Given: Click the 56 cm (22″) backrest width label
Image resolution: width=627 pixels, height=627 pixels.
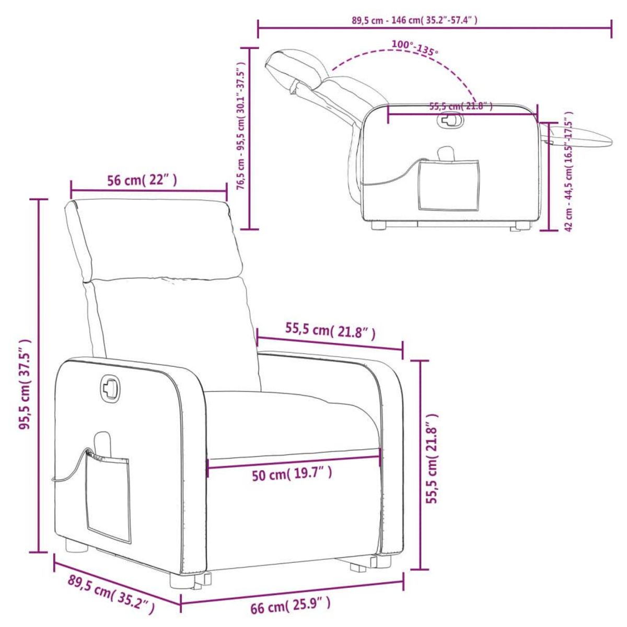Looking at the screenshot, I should (142, 181).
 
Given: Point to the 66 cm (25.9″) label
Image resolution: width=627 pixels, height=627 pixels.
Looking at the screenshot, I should (291, 607).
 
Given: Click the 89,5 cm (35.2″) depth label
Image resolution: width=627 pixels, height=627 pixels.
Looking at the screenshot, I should (111, 595).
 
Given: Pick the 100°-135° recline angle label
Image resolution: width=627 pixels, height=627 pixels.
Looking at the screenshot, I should (414, 48).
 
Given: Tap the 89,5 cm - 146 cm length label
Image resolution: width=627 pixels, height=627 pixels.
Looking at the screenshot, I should (414, 20).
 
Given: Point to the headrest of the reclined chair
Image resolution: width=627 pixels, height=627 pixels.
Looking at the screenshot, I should (295, 65).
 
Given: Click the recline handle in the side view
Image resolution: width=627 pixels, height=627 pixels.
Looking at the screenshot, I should (450, 121).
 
